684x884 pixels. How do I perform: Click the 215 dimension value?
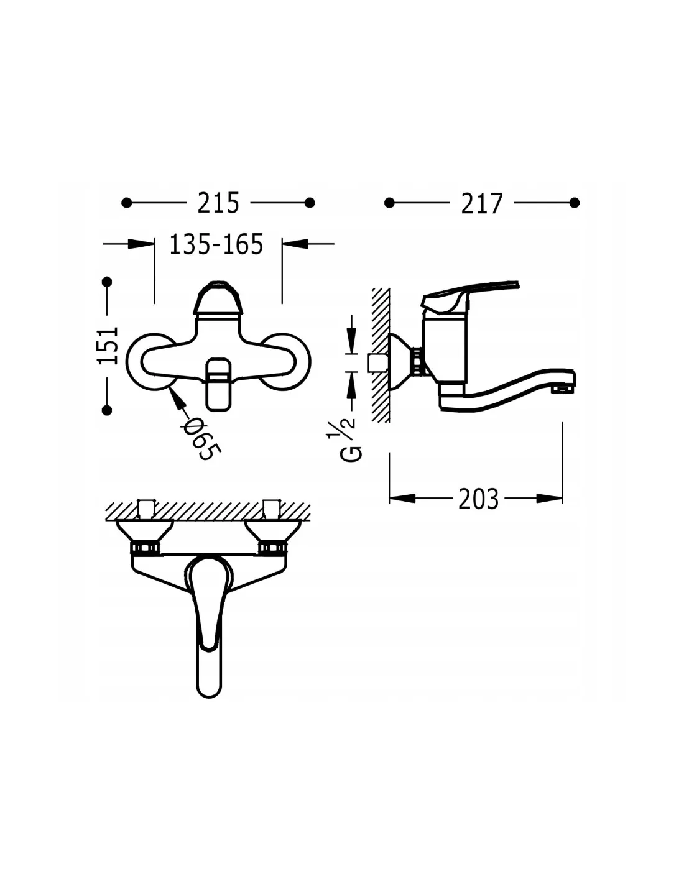click(x=218, y=203)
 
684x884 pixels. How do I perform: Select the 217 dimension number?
click(x=482, y=203)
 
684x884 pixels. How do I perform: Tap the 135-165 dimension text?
click(x=216, y=244)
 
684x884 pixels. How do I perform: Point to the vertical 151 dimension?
click(x=108, y=345)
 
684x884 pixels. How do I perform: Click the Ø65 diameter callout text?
click(x=202, y=440)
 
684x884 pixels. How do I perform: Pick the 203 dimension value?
click(x=479, y=499)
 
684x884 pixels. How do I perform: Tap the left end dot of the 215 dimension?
click(x=127, y=202)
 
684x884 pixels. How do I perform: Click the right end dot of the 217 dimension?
click(x=574, y=202)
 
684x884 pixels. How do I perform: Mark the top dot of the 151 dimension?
click(x=107, y=282)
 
